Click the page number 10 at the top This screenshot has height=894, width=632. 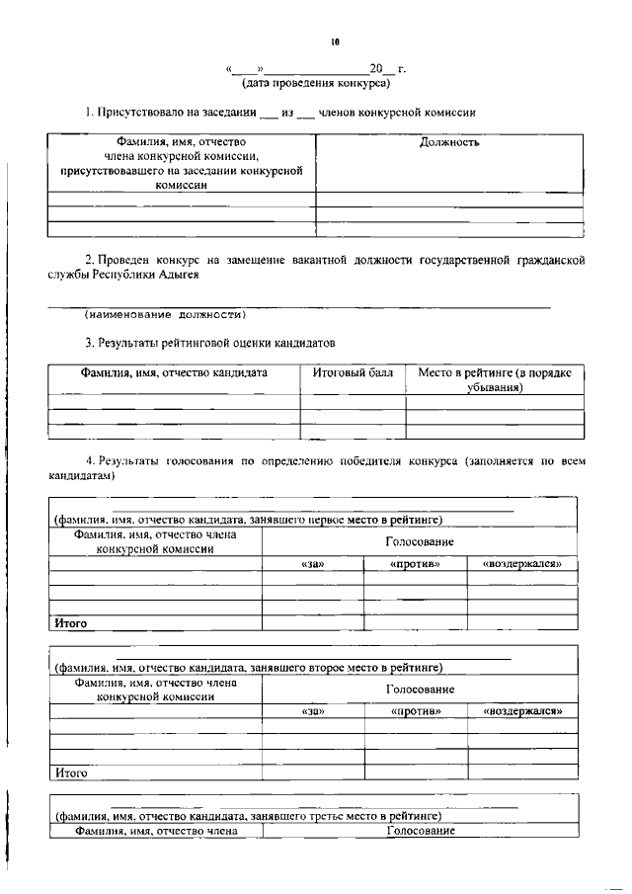point(336,42)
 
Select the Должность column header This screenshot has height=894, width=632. point(449,142)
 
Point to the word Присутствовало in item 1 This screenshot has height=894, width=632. point(138,113)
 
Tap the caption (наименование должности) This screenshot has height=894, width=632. point(164,315)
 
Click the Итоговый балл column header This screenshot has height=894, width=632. point(353,373)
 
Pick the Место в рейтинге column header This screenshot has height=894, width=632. point(494,380)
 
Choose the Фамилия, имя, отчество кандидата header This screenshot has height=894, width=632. point(174,373)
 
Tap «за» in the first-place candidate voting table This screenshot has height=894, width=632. point(312,563)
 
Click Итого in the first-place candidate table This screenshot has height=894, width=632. point(71,623)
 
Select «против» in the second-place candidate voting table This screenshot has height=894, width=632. point(415,710)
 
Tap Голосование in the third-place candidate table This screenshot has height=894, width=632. point(420,831)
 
